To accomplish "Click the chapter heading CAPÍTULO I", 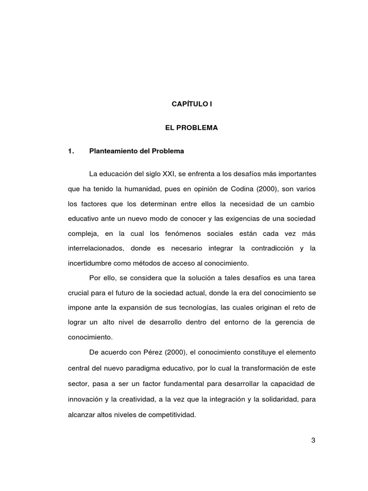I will coord(191,104).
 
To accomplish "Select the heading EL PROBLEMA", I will coord(191,128).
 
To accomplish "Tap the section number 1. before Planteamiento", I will coord(72,152).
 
